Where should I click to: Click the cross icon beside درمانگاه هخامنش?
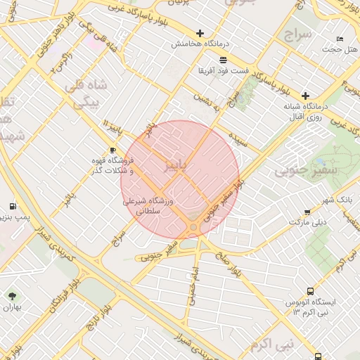pos(200,33)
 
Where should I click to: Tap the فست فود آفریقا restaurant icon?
pos(223,60)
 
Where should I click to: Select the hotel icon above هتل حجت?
pos(340,39)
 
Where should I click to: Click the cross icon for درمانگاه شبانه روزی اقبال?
pos(305,96)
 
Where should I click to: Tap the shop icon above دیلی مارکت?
pos(307,212)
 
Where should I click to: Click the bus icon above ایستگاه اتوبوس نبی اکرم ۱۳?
pos(310,292)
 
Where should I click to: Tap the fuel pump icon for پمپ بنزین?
pos(12,206)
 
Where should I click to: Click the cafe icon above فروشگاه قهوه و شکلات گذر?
pos(112,150)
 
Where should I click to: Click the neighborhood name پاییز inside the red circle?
pos(176,166)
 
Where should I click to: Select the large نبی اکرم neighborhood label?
pos(270,345)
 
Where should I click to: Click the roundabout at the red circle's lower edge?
pos(193,227)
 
